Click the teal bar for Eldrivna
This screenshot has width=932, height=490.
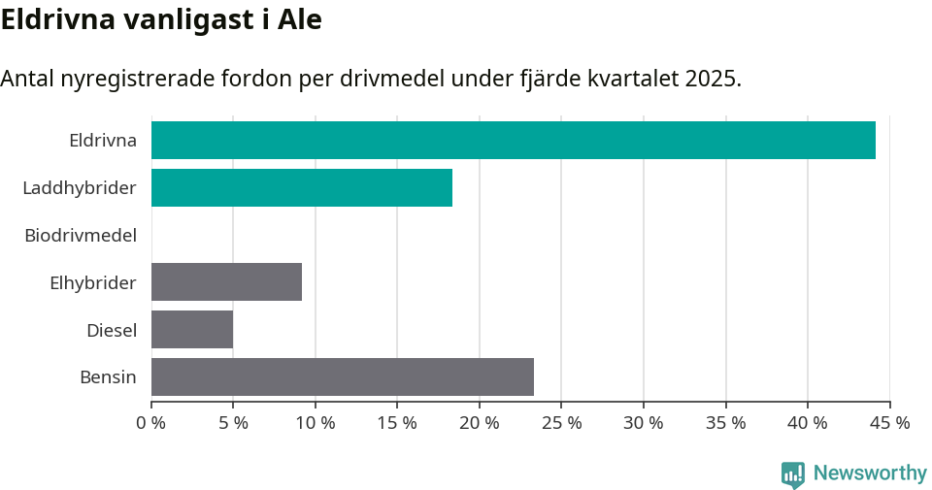tap(513, 140)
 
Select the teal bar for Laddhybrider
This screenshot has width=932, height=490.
tap(301, 187)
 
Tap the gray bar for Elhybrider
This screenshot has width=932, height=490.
tap(226, 281)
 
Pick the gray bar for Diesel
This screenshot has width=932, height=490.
tap(192, 329)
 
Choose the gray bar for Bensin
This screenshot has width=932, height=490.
tap(342, 376)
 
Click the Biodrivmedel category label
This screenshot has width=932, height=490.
tap(81, 235)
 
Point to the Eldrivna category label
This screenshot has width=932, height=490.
tap(103, 140)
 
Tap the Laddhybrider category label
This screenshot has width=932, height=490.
tap(80, 187)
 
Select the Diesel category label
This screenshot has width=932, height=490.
tap(112, 330)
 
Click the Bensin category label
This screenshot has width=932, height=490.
tap(108, 376)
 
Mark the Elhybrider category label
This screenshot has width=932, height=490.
tap(93, 282)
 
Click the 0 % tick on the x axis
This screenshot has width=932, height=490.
tap(151, 423)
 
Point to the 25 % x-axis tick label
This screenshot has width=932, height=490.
tap(562, 423)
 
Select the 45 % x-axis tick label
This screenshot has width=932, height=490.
tap(889, 423)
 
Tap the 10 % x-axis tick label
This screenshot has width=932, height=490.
tap(316, 423)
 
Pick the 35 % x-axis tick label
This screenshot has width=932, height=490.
tap(726, 423)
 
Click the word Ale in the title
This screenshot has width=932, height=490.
tap(297, 19)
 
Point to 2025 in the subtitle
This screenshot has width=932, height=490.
tap(710, 79)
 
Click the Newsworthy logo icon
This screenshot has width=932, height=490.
tap(793, 474)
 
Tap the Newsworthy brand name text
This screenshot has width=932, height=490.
tap(870, 474)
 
